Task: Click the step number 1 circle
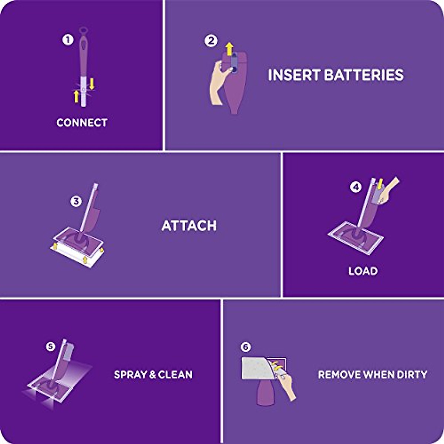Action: tap(68, 40)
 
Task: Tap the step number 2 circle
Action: tap(211, 40)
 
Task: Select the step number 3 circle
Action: tap(76, 201)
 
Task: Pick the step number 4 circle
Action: tap(356, 187)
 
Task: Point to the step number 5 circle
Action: tap(50, 346)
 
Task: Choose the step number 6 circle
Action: tap(245, 347)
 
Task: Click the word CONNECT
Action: tap(82, 123)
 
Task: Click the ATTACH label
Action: tap(189, 226)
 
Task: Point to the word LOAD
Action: tap(363, 271)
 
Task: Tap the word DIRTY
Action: tap(412, 374)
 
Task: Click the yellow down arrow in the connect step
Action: tap(92, 84)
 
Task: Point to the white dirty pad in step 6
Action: tap(257, 368)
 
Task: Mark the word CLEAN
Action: tap(175, 374)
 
